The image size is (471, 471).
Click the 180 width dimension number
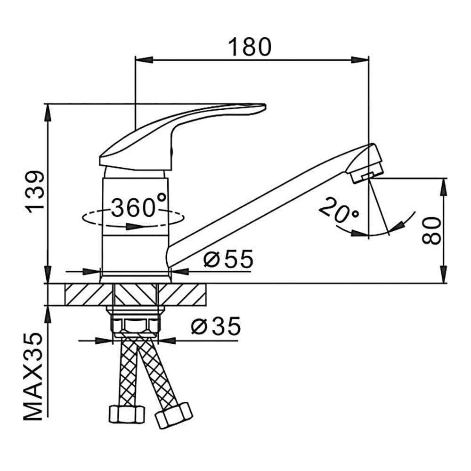coord(250,47)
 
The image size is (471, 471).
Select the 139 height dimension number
coord(36,192)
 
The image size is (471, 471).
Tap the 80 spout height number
coord(431,230)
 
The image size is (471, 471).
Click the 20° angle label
coord(339,211)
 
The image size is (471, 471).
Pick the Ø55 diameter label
coord(228,259)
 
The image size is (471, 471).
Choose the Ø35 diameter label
coord(216,326)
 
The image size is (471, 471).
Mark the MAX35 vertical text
coord(33,377)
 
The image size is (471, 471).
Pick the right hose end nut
coord(174,415)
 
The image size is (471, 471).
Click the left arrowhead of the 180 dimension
coord(145,59)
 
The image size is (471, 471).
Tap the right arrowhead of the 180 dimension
coord(360,59)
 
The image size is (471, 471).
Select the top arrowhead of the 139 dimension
coord(48,113)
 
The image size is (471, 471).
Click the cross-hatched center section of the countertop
coord(136,294)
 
